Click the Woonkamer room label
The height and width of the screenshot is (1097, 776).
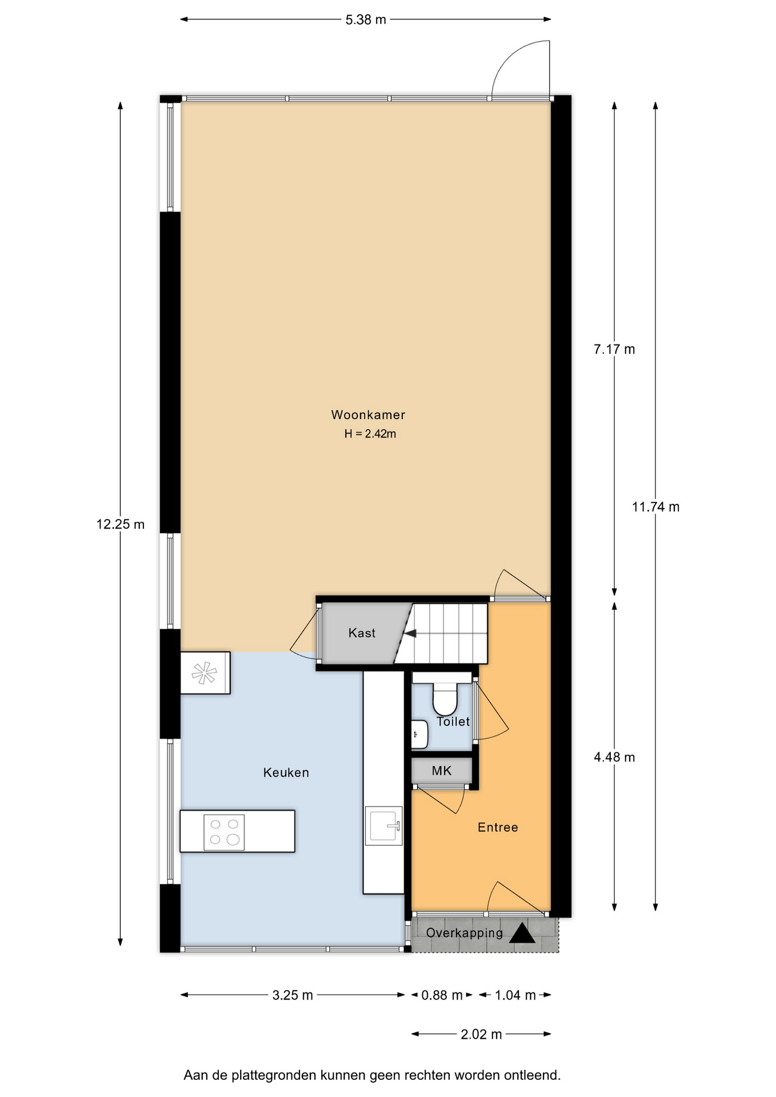click(368, 415)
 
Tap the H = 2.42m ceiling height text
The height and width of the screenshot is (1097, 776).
click(370, 434)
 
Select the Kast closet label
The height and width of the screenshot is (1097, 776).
click(362, 632)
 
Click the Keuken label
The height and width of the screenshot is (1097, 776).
click(286, 772)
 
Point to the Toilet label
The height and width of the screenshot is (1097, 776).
click(453, 722)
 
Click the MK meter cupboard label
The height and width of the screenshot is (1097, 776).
click(442, 771)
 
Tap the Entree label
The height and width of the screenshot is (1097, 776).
click(498, 827)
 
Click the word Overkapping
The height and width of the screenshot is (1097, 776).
click(465, 933)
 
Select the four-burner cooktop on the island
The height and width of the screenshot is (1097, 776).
click(224, 832)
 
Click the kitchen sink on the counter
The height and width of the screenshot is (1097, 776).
click(384, 826)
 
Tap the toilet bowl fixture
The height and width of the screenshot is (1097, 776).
click(445, 699)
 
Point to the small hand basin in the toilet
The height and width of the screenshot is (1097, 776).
click(419, 734)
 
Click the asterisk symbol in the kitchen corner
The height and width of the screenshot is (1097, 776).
click(204, 673)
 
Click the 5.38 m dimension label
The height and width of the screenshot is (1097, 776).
click(366, 20)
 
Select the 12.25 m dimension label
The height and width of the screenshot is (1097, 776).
click(121, 524)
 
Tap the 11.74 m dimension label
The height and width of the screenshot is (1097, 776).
click(655, 507)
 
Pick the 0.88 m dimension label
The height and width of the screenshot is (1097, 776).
click(442, 995)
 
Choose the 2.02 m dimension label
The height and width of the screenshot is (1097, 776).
click(481, 1034)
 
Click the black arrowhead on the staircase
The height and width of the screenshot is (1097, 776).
click(410, 633)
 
